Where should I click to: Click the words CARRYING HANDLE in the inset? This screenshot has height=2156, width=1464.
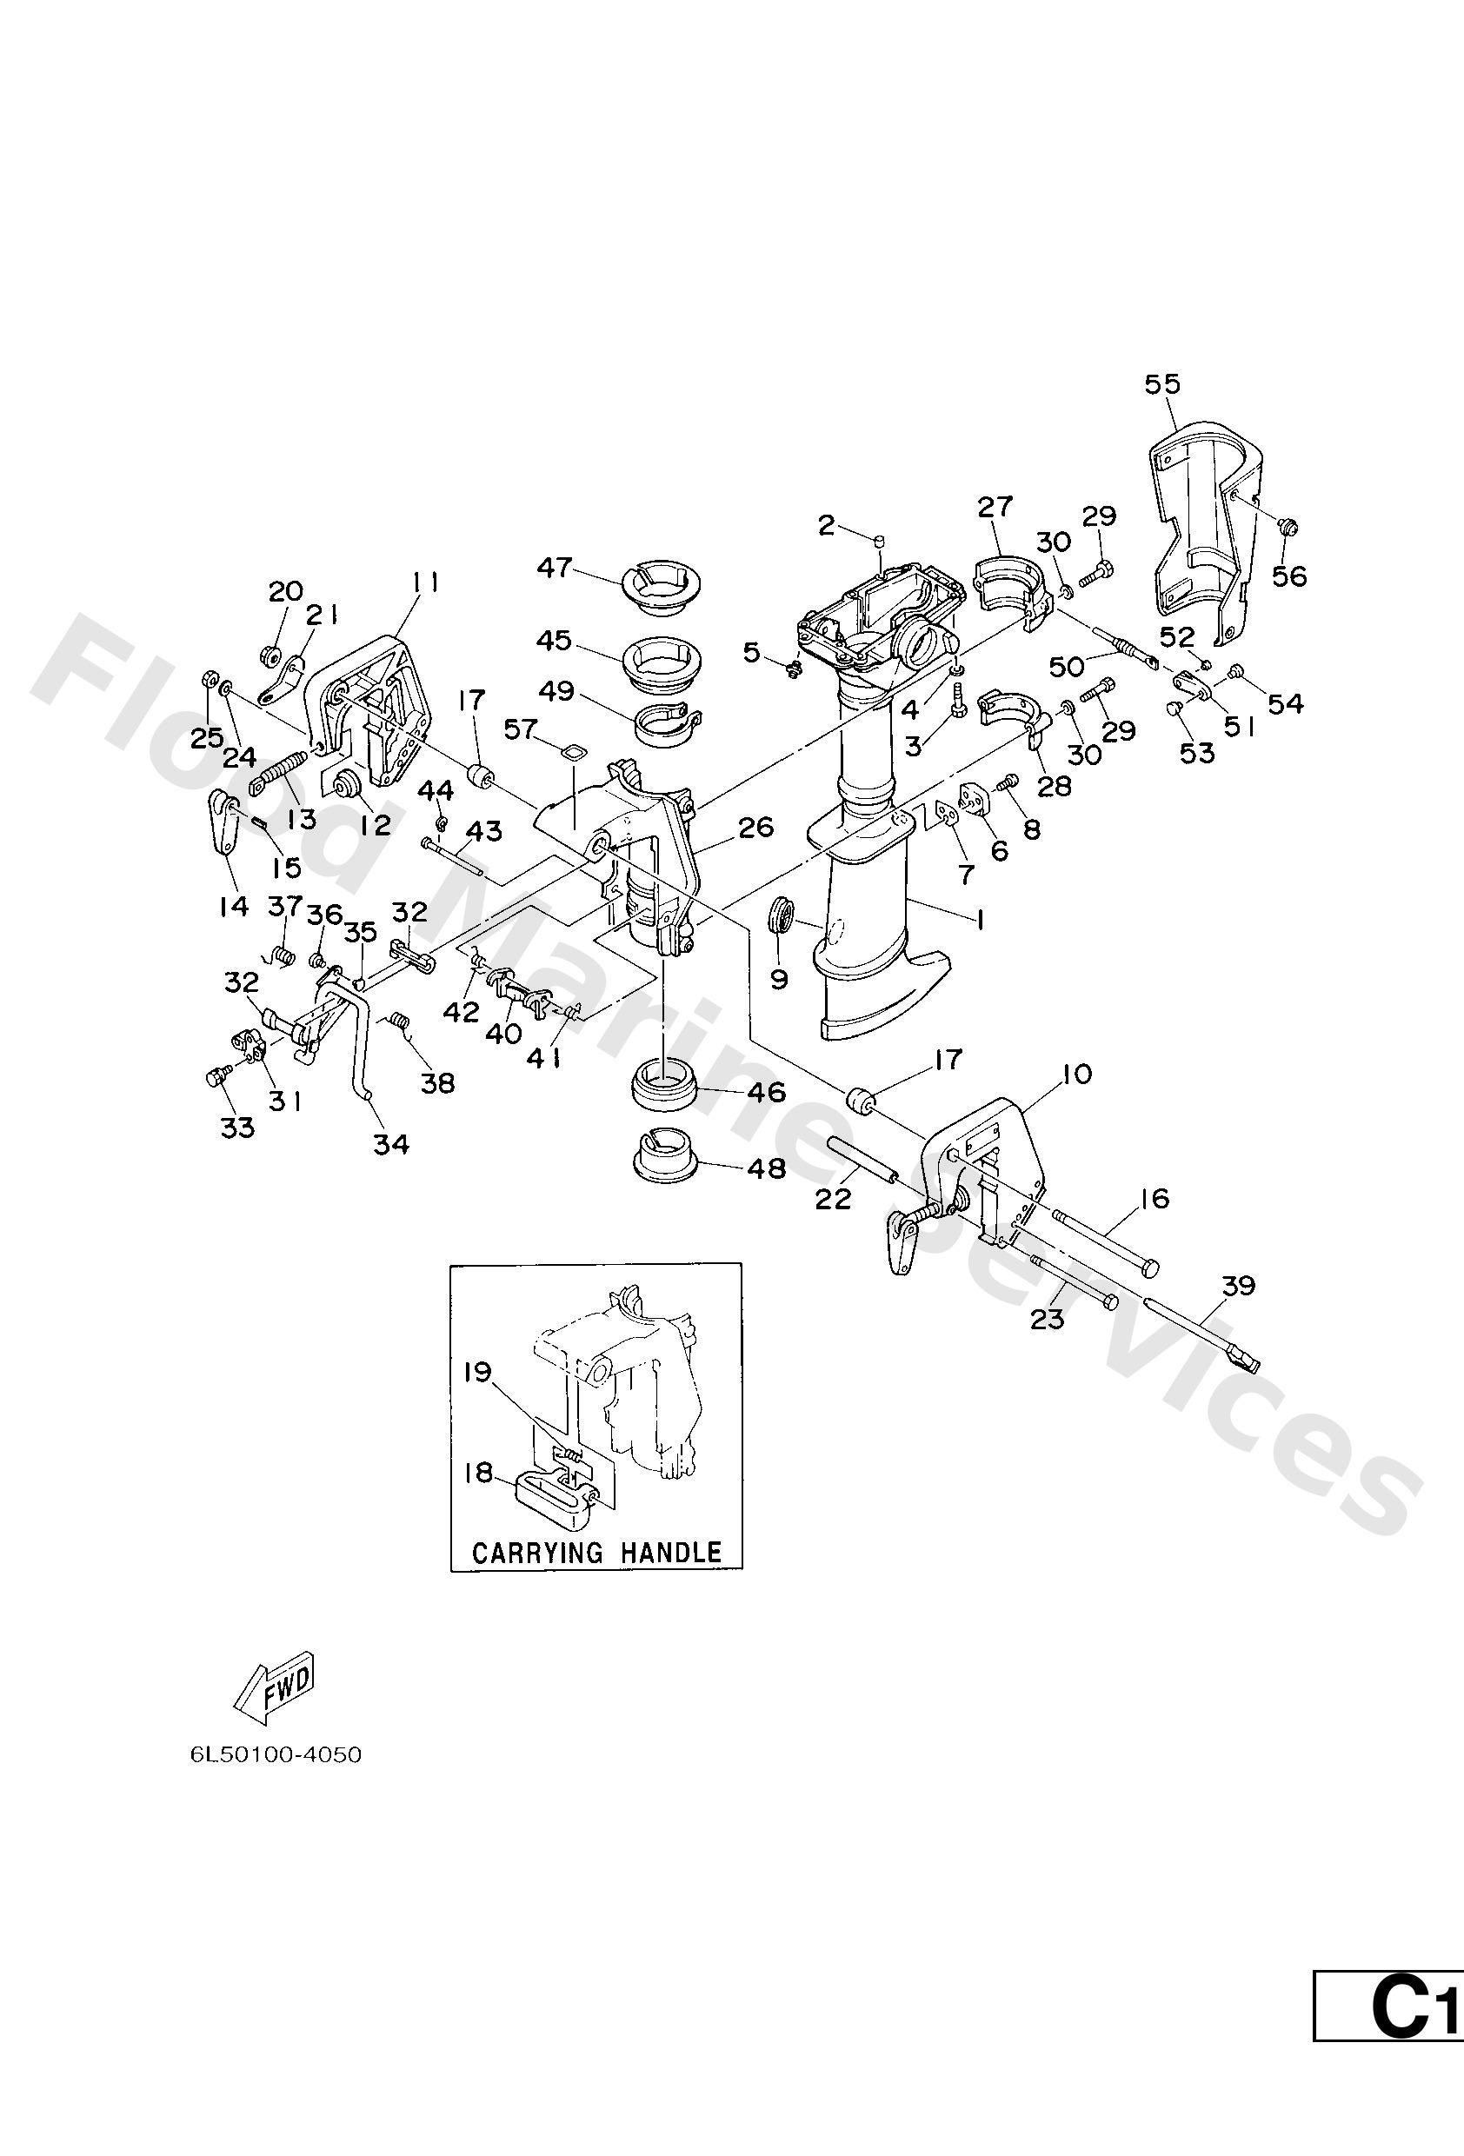(x=596, y=1552)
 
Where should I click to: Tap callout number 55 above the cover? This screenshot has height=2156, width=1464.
(x=1162, y=384)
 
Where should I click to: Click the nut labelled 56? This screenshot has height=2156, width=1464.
(x=1287, y=528)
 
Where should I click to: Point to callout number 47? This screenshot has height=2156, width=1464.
(x=555, y=568)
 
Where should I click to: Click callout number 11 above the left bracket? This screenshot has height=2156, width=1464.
(x=426, y=582)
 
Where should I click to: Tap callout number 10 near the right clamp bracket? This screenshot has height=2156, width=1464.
(x=1077, y=1075)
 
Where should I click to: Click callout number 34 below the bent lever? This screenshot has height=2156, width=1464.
(x=390, y=1145)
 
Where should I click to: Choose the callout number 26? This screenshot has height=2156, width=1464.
(x=756, y=827)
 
